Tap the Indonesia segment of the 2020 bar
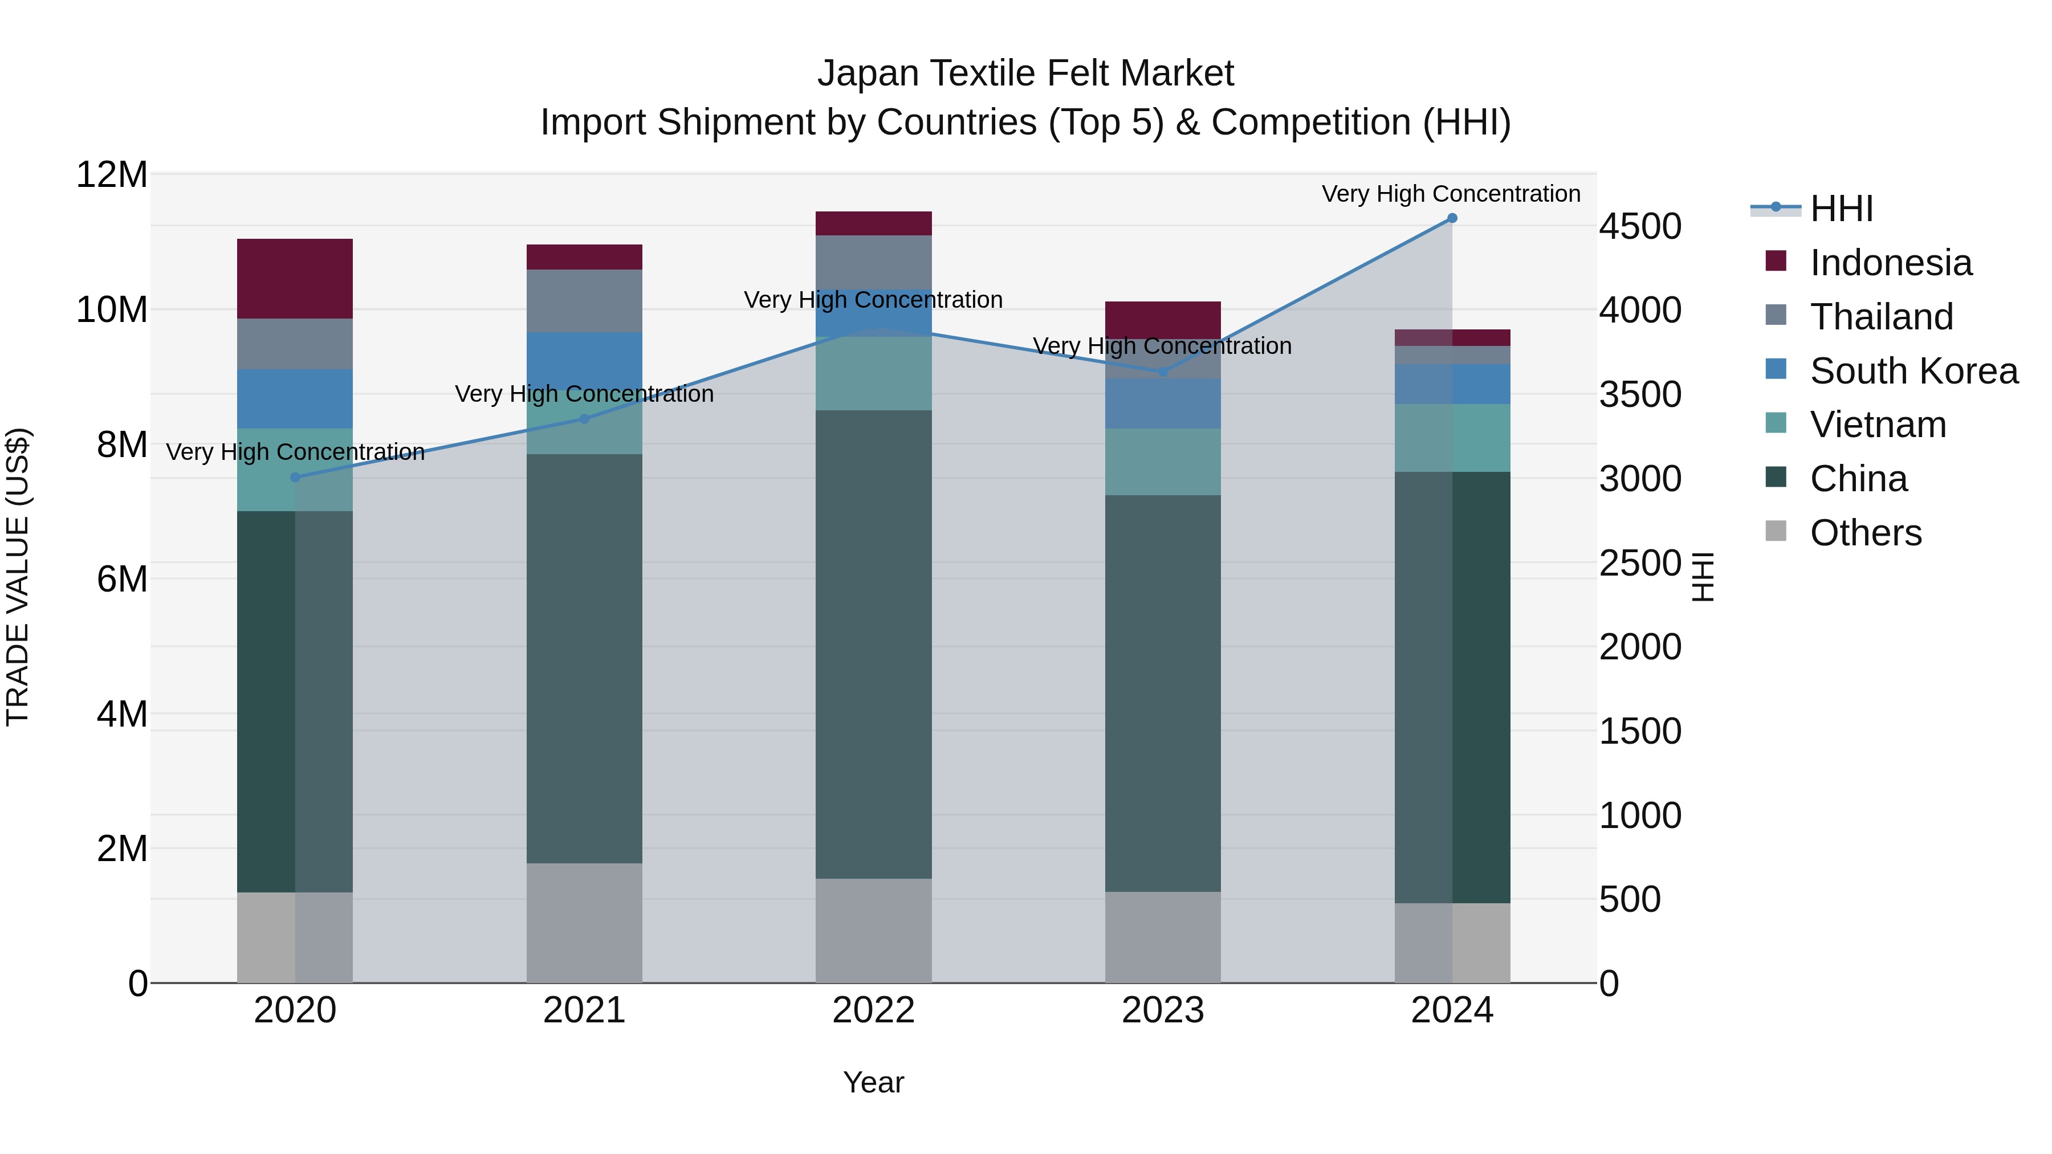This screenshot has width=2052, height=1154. (x=295, y=279)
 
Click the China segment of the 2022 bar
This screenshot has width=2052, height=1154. (x=873, y=645)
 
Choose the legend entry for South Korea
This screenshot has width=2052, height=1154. (x=1913, y=371)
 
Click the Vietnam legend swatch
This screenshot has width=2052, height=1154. (x=1776, y=423)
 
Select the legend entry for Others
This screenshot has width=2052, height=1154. (x=1865, y=533)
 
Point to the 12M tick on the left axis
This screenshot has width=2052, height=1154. (x=112, y=174)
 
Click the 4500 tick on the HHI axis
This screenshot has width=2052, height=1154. (x=1640, y=226)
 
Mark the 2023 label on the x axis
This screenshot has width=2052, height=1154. (x=1162, y=1010)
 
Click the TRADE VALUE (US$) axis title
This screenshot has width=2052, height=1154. (x=18, y=577)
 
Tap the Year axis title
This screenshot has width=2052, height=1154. (x=873, y=1082)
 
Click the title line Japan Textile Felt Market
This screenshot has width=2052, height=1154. (x=1025, y=74)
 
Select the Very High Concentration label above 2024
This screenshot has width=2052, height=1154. (x=1451, y=194)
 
